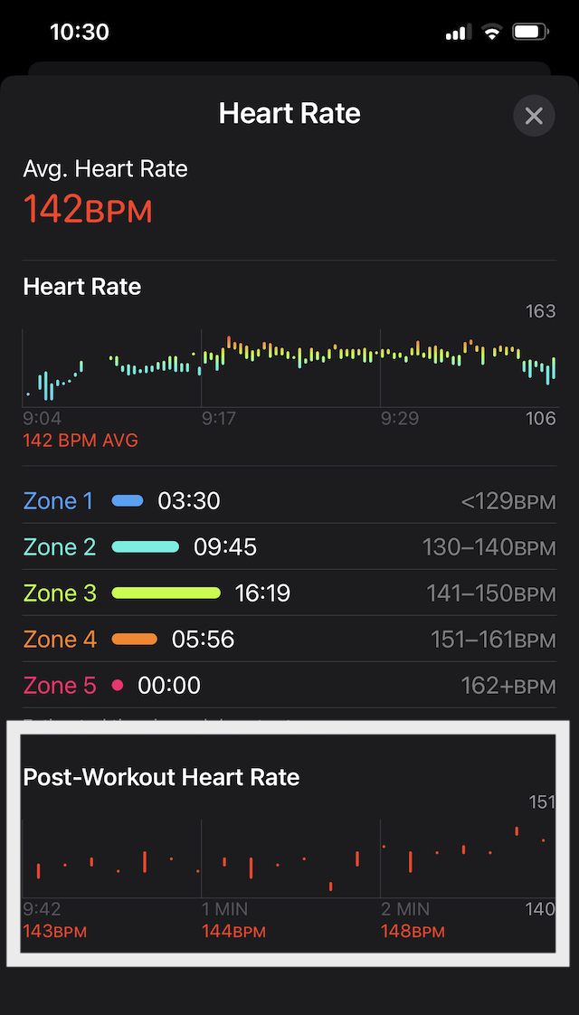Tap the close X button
[534, 116]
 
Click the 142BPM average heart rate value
[88, 209]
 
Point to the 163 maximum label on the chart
[540, 312]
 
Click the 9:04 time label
[43, 419]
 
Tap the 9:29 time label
[401, 419]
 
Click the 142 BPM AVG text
[81, 441]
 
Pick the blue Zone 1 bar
[128, 500]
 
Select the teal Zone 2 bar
[146, 546]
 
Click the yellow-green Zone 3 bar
[166, 593]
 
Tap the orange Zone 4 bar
[135, 639]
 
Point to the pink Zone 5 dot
[117, 686]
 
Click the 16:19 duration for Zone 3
[262, 593]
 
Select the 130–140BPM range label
[489, 547]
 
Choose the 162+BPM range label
[508, 686]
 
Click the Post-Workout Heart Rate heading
[161, 777]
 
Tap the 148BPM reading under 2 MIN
[413, 931]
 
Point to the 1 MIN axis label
[225, 909]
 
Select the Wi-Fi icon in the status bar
[492, 33]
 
